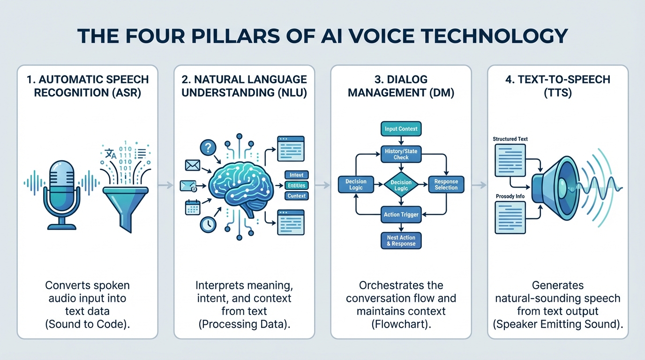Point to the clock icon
[x=207, y=225]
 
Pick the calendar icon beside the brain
[x=193, y=207]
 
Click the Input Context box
[x=401, y=129]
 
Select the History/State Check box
[x=401, y=154]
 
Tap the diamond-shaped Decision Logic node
[x=401, y=185]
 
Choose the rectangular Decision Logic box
[x=356, y=185]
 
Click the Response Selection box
[x=446, y=185]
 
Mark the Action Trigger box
[x=401, y=215]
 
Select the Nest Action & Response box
[x=401, y=240]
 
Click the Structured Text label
[x=510, y=139]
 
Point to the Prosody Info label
[x=510, y=196]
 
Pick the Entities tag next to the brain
[x=296, y=186]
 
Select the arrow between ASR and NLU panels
[x=165, y=186]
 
